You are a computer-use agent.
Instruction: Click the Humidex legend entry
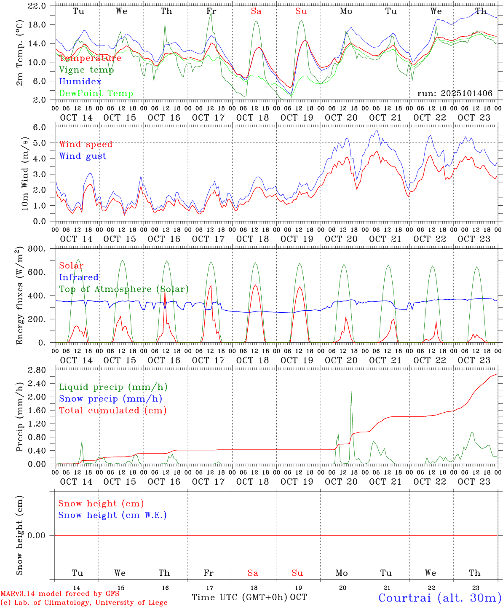(x=80, y=82)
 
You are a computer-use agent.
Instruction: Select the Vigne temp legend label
(x=86, y=70)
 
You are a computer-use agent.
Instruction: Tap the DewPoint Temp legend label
(x=96, y=94)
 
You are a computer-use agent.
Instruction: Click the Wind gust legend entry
(x=83, y=156)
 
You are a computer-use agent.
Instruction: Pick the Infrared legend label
(x=79, y=277)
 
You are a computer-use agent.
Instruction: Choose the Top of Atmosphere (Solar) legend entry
(x=124, y=289)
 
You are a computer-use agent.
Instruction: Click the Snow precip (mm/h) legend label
(x=110, y=399)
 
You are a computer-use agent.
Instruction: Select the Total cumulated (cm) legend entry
(x=112, y=411)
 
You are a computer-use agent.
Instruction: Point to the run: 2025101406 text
(x=455, y=94)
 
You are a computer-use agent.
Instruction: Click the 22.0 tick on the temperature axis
(x=38, y=6)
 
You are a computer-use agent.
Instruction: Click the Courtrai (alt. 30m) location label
(x=439, y=597)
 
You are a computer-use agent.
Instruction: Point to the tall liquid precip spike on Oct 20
(x=351, y=393)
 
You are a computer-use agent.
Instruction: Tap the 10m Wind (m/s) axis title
(x=25, y=174)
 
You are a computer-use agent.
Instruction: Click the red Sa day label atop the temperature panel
(x=256, y=11)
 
